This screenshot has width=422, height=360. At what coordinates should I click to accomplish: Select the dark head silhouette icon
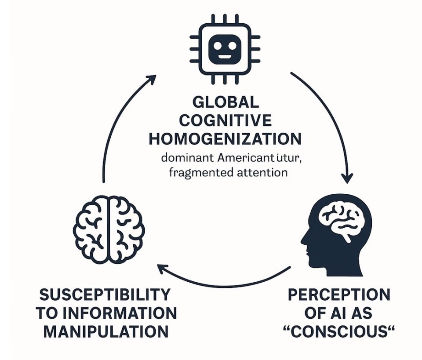[x=337, y=235]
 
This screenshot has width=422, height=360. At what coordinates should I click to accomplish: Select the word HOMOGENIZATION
[x=225, y=139]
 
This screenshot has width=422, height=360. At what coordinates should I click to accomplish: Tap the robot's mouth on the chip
[x=225, y=56]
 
